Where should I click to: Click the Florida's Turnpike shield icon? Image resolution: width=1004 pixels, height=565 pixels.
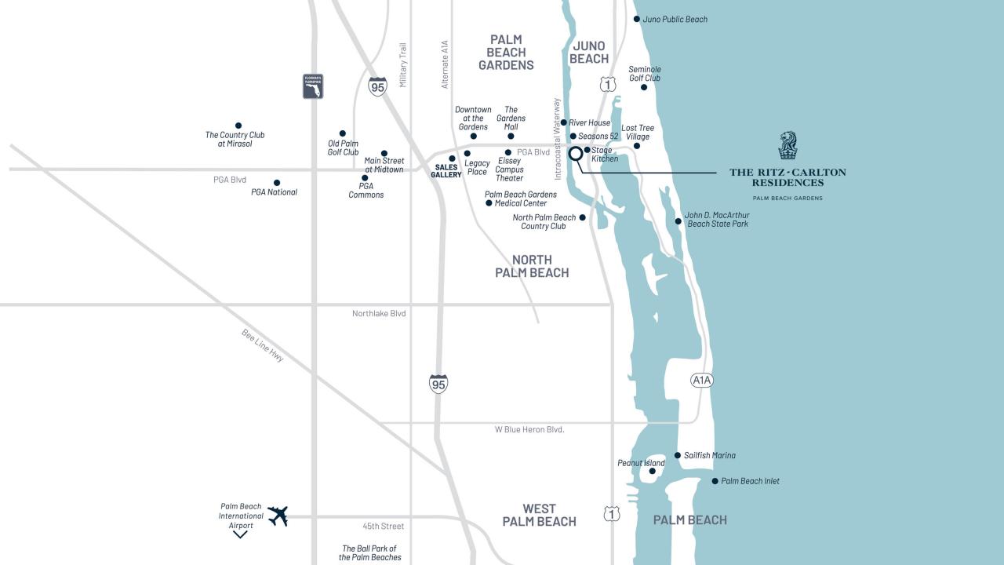coord(313,86)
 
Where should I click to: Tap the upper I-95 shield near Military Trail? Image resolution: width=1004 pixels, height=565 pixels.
coord(377,86)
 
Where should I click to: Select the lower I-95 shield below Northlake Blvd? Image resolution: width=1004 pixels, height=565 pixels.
coord(438,384)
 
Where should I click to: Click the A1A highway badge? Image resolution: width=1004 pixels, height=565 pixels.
coord(702,381)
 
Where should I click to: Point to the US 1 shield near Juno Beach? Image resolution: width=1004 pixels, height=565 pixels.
coord(608,83)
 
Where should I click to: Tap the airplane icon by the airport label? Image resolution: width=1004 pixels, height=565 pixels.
coord(278,516)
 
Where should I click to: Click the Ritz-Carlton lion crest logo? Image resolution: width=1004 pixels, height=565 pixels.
coord(788,146)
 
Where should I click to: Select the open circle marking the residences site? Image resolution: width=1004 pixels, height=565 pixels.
coord(575,154)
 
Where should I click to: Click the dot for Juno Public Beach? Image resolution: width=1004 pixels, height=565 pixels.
coord(637,19)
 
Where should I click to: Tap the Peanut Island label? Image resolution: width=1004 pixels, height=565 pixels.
coord(641,463)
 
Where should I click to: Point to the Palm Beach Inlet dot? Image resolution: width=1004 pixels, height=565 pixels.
coord(715,481)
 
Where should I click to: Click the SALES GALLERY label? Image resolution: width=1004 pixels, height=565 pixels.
coord(446,171)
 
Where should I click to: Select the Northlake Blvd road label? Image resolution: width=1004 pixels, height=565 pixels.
coord(379,314)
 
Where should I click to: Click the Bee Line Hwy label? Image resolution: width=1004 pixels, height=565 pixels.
coord(263,345)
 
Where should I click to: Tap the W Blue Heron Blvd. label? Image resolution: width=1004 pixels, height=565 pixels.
coord(529,430)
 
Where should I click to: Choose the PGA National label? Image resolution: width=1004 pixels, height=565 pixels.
coord(274,192)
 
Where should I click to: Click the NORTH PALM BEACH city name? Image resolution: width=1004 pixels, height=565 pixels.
coord(532,266)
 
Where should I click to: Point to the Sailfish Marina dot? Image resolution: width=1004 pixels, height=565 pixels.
coord(678,455)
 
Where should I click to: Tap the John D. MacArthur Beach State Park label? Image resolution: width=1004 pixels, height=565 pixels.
coord(717,219)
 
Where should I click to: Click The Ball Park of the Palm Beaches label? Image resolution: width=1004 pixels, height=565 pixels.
coord(369,553)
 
